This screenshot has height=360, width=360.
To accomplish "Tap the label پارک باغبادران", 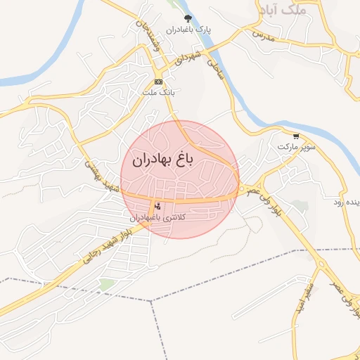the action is point(188,30).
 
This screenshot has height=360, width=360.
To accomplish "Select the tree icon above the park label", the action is point(187,18).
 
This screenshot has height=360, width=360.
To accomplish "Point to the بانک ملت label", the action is point(157,92).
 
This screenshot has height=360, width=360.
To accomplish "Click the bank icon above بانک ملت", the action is point(159,82).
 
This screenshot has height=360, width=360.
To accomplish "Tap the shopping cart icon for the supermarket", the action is point(296,136).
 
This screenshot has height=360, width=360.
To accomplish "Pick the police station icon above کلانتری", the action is point(157,206).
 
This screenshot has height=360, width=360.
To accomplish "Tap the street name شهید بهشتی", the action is point(102,176).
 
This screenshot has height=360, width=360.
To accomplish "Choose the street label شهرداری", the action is point(190,56).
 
